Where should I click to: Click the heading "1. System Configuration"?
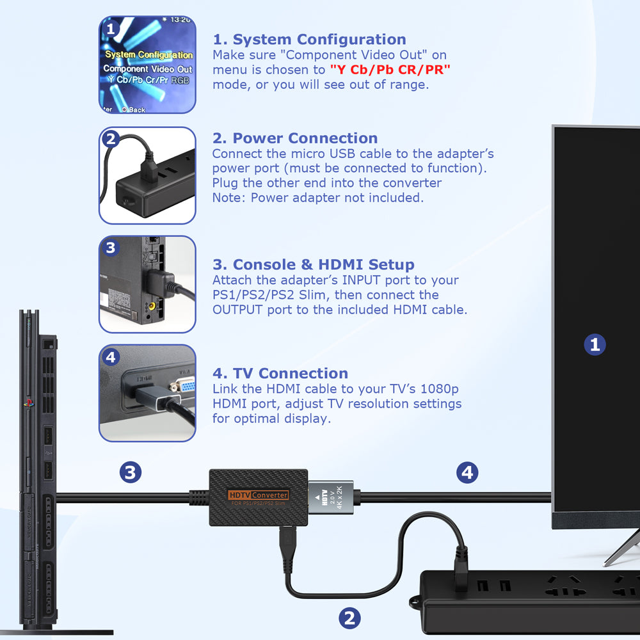(309, 40)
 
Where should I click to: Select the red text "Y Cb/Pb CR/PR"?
(390, 70)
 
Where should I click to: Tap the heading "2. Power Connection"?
(295, 138)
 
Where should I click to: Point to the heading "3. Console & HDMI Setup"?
(313, 265)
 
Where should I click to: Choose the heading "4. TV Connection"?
(280, 374)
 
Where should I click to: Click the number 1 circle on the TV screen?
(595, 345)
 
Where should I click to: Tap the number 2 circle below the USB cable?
(349, 618)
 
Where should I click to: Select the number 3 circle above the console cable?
(130, 473)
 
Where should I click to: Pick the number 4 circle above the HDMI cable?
(467, 473)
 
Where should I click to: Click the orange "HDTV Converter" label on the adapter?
(259, 495)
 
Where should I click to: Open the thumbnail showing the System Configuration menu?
(147, 65)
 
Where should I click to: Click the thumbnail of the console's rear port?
(147, 284)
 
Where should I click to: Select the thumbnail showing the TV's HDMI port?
(147, 393)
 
